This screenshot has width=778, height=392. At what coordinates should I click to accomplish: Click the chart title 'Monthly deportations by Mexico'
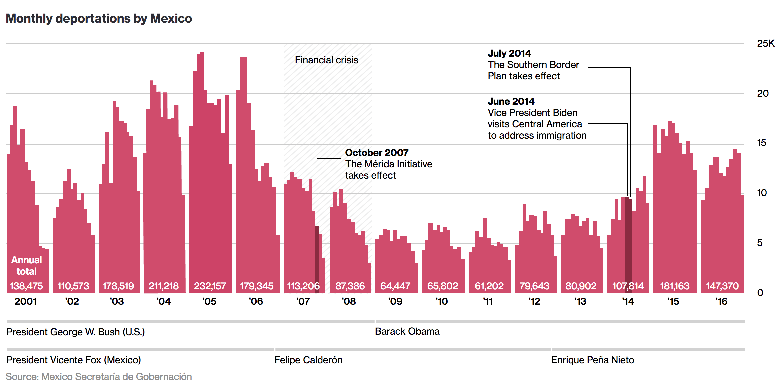tap(99, 19)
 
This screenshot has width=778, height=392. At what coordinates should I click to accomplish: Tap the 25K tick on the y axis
tap(765, 43)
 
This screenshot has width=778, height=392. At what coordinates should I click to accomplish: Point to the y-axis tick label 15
tap(761, 143)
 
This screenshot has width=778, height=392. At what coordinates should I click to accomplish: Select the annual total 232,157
tap(210, 286)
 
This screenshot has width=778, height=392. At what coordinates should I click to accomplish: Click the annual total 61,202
tap(489, 286)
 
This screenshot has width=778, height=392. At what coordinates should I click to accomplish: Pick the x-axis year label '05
tap(209, 301)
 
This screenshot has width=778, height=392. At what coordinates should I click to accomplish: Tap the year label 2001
tap(26, 301)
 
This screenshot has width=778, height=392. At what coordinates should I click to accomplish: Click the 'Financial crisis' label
tap(326, 60)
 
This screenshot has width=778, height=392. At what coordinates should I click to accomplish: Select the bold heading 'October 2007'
tap(377, 153)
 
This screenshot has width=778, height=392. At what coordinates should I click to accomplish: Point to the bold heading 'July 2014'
tap(509, 53)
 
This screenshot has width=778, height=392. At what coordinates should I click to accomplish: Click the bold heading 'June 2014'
tap(511, 101)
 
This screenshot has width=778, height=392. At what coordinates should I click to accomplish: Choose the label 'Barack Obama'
tap(407, 331)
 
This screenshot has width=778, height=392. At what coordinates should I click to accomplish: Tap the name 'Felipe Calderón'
tap(308, 360)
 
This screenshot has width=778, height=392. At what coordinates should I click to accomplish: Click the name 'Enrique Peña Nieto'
tap(592, 360)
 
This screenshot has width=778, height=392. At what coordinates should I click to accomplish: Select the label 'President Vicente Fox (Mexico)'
tap(74, 360)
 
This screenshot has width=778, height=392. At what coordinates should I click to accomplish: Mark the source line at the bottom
tap(99, 377)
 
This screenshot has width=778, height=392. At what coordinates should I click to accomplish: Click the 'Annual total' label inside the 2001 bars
tap(27, 266)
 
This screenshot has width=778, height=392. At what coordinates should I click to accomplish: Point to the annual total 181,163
tap(675, 286)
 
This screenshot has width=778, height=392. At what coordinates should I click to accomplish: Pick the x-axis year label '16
tap(721, 301)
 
